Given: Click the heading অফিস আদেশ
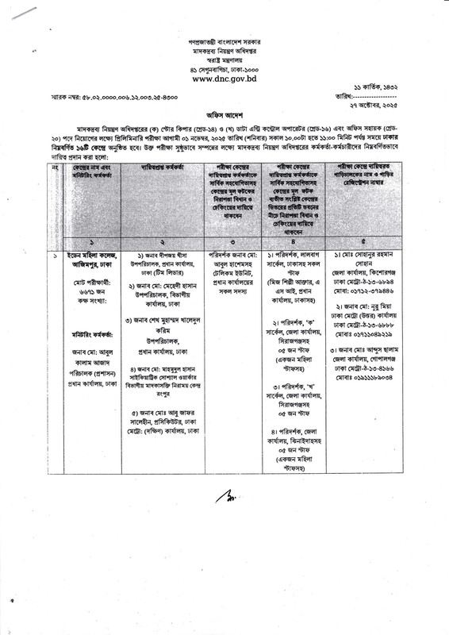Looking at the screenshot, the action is point(224,114).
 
